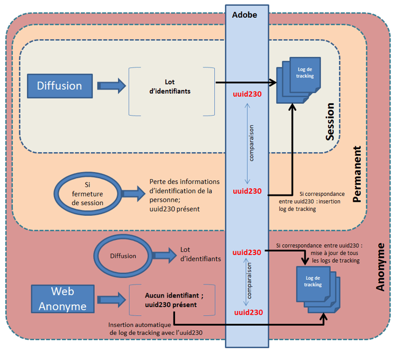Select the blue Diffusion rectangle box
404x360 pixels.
(x=59, y=86)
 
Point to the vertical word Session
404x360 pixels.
(x=330, y=122)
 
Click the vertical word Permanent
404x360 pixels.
(x=357, y=174)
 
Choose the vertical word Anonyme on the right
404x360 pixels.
(x=380, y=267)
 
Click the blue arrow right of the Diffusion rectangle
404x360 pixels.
(x=111, y=85)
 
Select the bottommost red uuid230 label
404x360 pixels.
(x=247, y=312)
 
